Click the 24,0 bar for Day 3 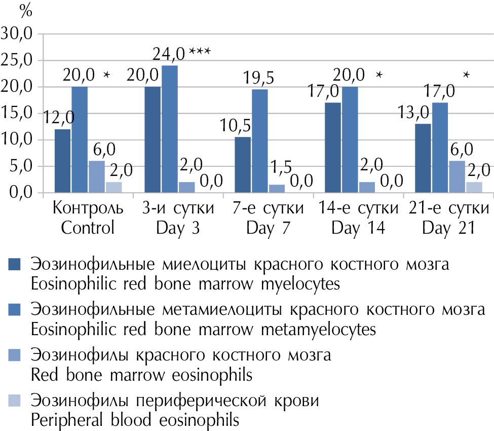click(x=170, y=129)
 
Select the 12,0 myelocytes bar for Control click(x=62, y=161)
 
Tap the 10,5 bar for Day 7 click(x=243, y=165)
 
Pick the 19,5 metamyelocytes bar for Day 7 click(x=260, y=141)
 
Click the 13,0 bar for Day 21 click(x=424, y=158)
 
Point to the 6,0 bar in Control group click(x=96, y=177)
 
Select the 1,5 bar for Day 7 click(x=277, y=189)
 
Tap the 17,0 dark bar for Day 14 click(x=333, y=148)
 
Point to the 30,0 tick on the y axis click(x=17, y=34)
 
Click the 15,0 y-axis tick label click(x=17, y=114)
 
